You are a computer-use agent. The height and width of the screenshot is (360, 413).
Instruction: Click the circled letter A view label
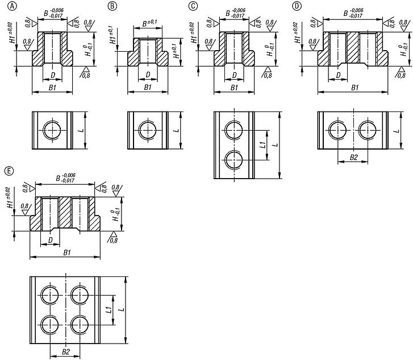click(x=6, y=6)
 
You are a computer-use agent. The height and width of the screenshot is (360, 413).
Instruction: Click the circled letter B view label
click(x=112, y=6)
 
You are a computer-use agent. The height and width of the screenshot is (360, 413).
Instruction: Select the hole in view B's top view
click(x=148, y=130)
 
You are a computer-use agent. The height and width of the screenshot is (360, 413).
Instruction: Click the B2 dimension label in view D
click(x=353, y=156)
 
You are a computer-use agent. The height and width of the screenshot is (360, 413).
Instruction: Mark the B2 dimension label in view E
click(x=65, y=352)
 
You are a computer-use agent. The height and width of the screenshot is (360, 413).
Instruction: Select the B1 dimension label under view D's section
click(x=354, y=88)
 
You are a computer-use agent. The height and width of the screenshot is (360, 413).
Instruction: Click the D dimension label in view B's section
click(x=148, y=74)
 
